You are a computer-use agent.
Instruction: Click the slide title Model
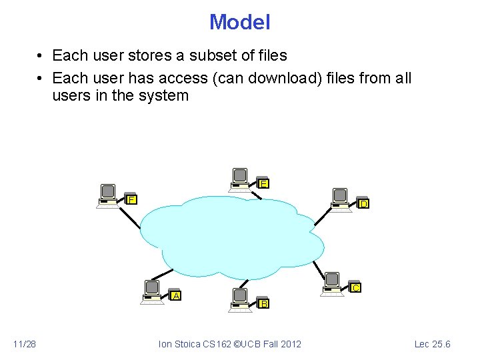[239, 22]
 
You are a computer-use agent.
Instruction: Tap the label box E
[264, 183]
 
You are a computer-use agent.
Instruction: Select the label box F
[132, 199]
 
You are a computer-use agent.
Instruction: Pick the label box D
[363, 204]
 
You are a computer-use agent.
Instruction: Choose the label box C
[356, 287]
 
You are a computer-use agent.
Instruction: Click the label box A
[176, 295]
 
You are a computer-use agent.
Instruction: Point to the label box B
[264, 304]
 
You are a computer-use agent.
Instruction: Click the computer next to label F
[107, 194]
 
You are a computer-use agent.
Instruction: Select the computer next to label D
[340, 199]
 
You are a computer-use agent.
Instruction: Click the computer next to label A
[152, 291]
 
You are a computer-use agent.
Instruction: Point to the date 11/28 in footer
[25, 344]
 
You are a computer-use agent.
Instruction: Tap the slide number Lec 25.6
[432, 344]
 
